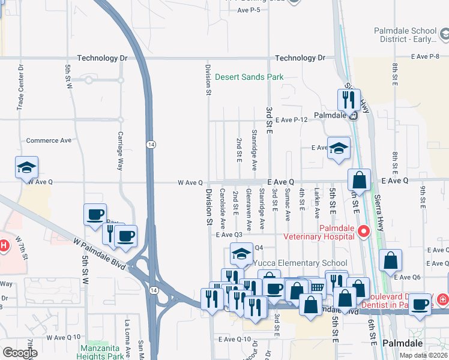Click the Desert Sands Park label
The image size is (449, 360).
click(x=249, y=77)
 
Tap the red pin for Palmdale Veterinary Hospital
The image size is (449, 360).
click(x=363, y=231)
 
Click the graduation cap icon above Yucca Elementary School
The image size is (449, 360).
click(x=241, y=255)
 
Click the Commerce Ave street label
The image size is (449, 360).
click(x=49, y=140)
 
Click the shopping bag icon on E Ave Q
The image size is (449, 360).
click(x=359, y=179)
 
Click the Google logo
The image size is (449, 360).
click(x=19, y=353)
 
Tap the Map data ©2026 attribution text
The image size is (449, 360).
click(x=423, y=355)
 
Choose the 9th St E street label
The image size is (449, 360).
click(x=423, y=198)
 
